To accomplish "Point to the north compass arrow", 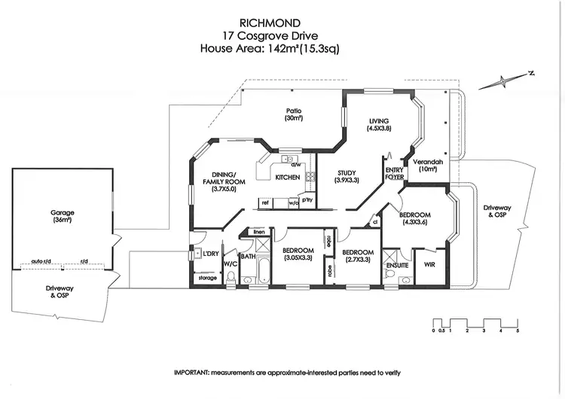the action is (x=515, y=78).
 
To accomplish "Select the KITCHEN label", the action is (x=288, y=178).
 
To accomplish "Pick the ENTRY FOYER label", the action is (x=395, y=174).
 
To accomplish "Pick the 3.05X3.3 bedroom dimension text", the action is (x=298, y=258).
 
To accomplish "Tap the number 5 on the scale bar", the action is (x=518, y=331).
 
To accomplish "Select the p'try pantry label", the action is (x=307, y=201).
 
